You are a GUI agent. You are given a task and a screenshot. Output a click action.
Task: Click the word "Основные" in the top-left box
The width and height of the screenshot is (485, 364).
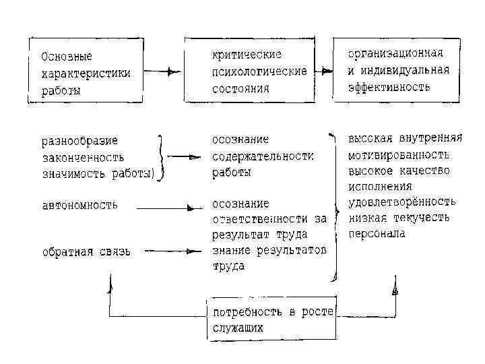[x=67, y=57]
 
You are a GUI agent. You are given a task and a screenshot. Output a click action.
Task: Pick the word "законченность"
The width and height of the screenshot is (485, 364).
[x=83, y=158]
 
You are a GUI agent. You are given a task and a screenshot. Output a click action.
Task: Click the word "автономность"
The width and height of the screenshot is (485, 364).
[x=79, y=204]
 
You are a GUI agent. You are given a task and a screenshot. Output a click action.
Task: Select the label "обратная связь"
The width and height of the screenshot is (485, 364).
[x=86, y=252]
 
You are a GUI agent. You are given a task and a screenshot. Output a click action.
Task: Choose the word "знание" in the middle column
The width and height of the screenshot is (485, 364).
[x=230, y=250]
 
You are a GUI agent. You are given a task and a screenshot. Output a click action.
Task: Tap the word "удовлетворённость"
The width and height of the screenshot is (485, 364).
[x=401, y=202]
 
